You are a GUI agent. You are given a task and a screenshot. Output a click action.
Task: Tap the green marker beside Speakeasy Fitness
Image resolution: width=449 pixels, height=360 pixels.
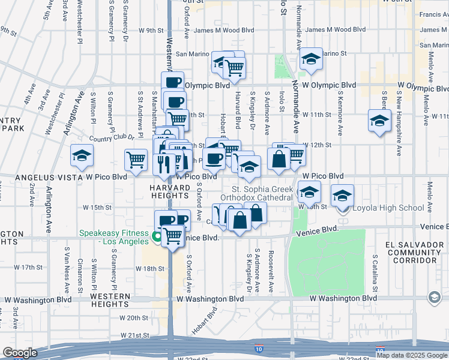(x=157, y=236)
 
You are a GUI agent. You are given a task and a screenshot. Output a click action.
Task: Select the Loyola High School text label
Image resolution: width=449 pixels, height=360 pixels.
(x=388, y=208)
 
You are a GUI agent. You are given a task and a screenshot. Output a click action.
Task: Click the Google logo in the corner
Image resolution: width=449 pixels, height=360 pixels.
(x=19, y=353)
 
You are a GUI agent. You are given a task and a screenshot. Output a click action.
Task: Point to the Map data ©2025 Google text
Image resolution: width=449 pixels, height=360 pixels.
(x=412, y=355)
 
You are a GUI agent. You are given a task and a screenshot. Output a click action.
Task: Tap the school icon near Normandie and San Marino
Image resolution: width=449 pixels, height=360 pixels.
(x=311, y=59)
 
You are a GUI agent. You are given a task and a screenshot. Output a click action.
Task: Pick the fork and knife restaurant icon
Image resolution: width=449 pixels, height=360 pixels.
(x=164, y=163)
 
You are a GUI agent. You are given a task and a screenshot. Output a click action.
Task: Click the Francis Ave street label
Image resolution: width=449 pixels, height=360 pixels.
(x=433, y=14)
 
